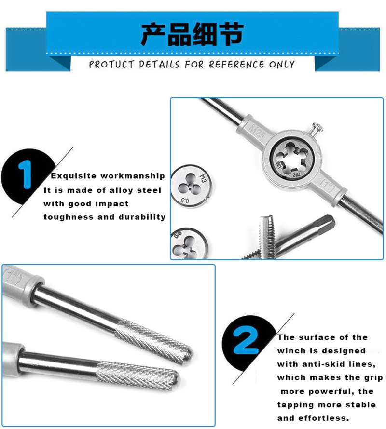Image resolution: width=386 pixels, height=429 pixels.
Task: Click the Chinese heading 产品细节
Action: click(x=192, y=35)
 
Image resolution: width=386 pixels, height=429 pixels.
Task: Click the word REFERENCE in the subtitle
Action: click(x=237, y=65)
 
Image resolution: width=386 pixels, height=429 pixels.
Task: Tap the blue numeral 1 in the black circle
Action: click(x=25, y=174)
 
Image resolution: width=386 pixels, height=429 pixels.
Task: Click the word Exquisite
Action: click(x=74, y=175)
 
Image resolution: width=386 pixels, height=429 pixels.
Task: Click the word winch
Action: click(x=290, y=351)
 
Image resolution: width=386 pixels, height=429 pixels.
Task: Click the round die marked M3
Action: click(x=192, y=187)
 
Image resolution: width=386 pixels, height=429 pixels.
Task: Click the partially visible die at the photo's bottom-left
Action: click(x=189, y=243)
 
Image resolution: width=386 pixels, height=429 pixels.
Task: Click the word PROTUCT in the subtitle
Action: click(x=111, y=65)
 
